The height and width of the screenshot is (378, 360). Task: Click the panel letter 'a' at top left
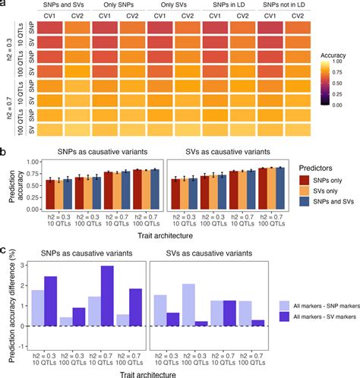pos(5,5)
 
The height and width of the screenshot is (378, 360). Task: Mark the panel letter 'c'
pos(5,247)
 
